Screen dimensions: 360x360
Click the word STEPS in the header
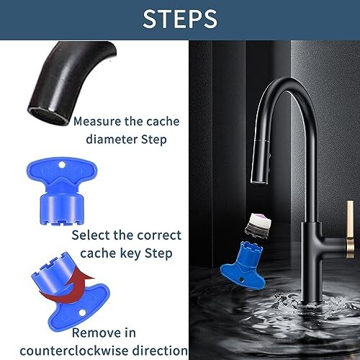pyautogui.click(x=180, y=19)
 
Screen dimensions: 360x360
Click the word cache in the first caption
pyautogui.click(x=162, y=121)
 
